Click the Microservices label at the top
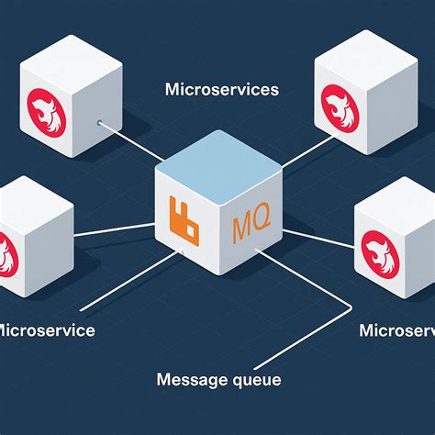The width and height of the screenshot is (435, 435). click(221, 90)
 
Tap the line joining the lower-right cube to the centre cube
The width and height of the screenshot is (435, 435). click(321, 237)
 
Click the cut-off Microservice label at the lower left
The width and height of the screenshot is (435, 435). click(46, 330)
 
